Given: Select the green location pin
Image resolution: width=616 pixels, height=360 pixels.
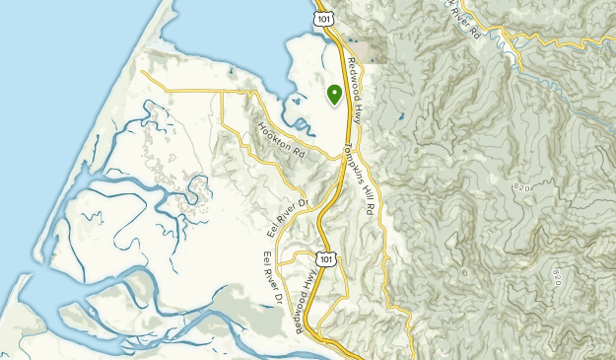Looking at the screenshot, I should point(334,94).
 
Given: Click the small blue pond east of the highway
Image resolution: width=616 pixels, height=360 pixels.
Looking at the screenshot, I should point(400,117).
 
